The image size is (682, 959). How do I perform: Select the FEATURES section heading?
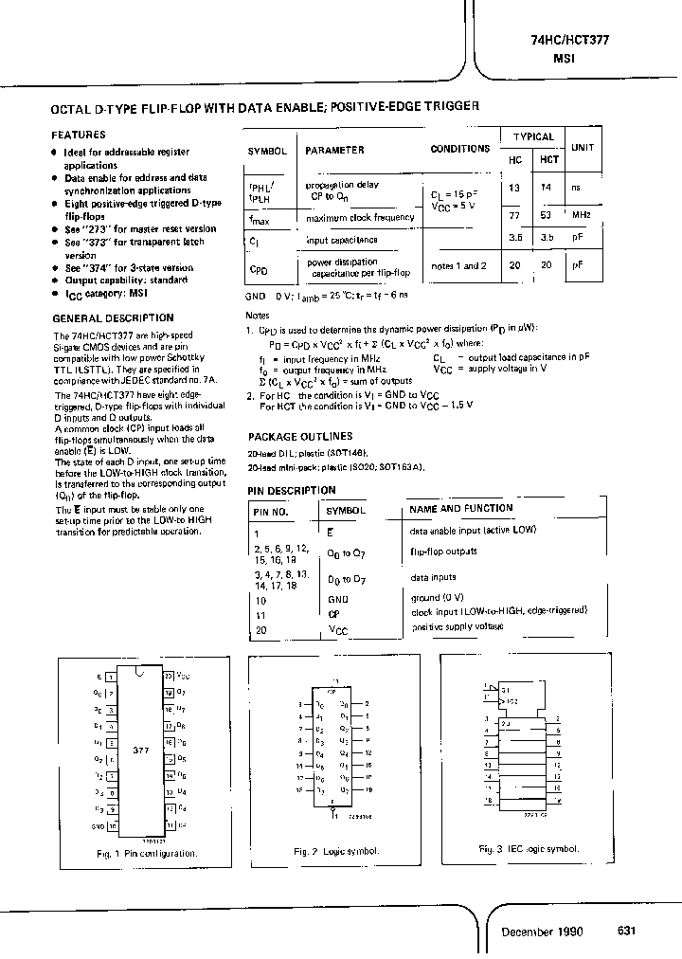78,135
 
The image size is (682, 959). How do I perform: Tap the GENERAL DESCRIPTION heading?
112,317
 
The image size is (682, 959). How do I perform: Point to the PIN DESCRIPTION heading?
292,490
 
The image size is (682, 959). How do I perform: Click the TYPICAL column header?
533,136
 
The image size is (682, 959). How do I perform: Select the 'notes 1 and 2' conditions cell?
458,266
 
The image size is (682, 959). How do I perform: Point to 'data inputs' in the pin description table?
433,577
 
